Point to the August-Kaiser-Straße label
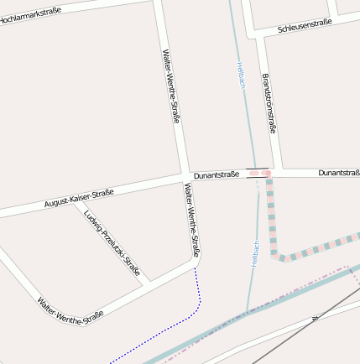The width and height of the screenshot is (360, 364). [x=79, y=199]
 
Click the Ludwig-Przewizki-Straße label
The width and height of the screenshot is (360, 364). [x=112, y=243]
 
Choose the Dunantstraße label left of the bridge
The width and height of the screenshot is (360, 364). [x=217, y=174]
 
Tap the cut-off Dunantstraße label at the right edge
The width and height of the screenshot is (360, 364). [x=338, y=173]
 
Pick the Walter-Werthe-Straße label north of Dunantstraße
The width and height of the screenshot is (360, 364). [x=170, y=86]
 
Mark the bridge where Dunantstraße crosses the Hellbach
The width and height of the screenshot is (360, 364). [x=258, y=174]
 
